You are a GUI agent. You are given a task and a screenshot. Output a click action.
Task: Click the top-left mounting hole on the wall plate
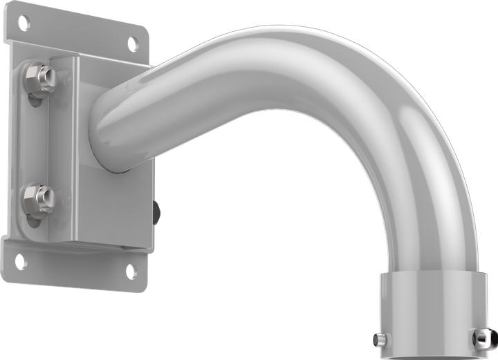point(24,23)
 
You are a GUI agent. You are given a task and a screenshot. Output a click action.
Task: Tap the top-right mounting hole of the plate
point(131,44)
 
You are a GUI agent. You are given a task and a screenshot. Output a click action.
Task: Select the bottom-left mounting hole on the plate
point(20,261)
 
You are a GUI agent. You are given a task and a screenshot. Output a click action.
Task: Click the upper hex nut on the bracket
point(42,78)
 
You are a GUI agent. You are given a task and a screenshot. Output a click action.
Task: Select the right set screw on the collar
point(480,338)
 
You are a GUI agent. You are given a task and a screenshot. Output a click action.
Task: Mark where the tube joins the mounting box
point(104,131)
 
